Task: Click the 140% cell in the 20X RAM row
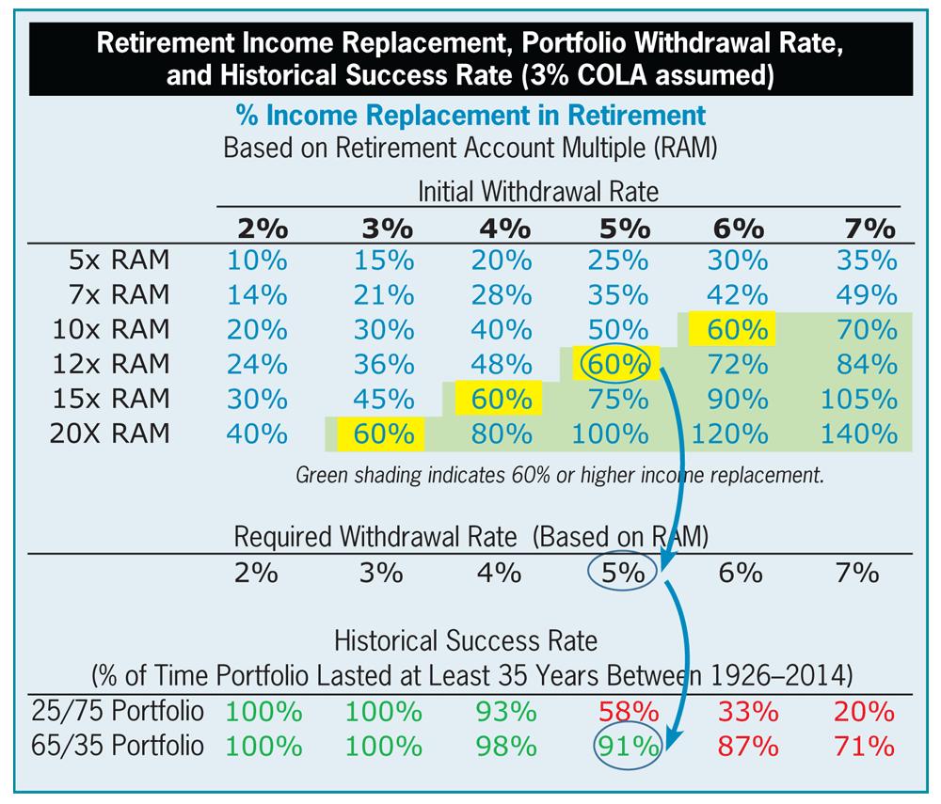[x=858, y=434]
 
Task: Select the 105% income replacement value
[x=858, y=398]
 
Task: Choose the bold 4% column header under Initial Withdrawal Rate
[x=499, y=229]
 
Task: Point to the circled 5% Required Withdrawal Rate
[x=618, y=573]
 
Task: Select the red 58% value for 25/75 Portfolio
[x=618, y=710]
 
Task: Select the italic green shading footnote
[x=559, y=475]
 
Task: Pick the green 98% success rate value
[x=499, y=746]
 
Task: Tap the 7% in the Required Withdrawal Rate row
[x=856, y=573]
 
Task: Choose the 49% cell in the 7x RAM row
[x=858, y=293]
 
